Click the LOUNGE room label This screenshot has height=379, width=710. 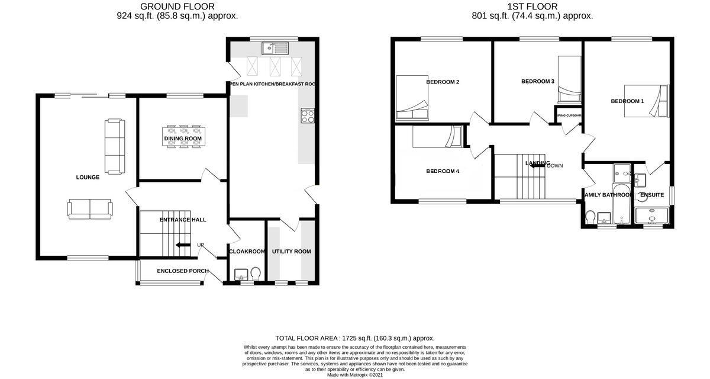point(88,177)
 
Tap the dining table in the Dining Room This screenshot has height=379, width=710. point(183,139)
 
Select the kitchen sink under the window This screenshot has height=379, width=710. point(275,48)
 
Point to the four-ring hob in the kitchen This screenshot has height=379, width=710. point(308,116)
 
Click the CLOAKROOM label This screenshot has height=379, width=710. point(247,252)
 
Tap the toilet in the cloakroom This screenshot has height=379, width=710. point(256,274)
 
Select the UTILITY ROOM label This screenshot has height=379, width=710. point(291,252)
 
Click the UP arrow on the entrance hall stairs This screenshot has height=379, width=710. point(183,245)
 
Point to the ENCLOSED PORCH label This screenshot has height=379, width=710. point(182,271)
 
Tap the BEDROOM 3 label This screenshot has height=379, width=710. point(537,81)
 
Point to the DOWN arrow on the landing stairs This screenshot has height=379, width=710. point(538,166)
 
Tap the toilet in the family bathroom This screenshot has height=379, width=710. point(590,217)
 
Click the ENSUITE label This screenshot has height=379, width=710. point(651,195)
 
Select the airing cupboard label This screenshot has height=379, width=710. point(569,116)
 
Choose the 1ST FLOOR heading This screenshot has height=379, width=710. point(532,7)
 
